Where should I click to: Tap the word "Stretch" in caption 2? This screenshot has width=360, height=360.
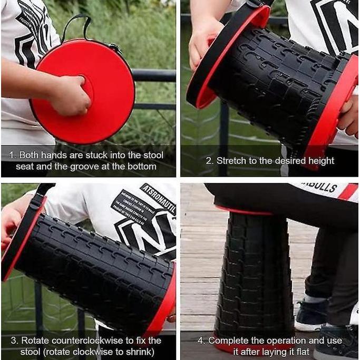231,161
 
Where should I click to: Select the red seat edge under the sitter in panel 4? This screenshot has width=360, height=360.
243,211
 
